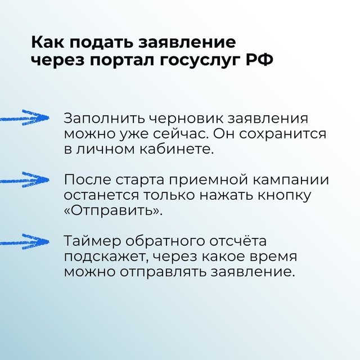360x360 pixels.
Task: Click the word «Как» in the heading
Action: pos(47,42)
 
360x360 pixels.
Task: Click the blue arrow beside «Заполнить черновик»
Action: pos(25,118)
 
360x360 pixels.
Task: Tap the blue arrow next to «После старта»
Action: pos(25,179)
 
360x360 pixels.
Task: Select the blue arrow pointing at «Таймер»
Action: pos(25,241)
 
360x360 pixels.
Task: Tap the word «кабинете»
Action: pos(177,149)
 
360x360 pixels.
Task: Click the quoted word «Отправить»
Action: pos(113,210)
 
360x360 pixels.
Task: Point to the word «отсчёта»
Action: pos(238,241)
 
